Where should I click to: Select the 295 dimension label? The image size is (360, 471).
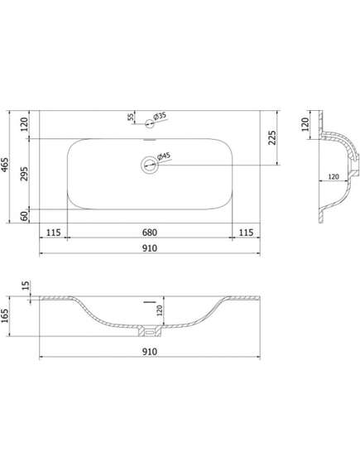pos(24,174)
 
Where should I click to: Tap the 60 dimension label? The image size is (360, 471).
pos(25,216)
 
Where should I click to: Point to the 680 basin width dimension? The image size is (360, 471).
pos(150,233)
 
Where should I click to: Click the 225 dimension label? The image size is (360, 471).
pos(271,137)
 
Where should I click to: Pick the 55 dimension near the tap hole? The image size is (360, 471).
pos(131,117)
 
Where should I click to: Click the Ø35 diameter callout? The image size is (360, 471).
pos(160,116)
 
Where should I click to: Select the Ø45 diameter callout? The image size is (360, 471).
pos(164,156)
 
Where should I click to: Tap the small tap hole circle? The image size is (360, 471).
pos(150,123)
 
